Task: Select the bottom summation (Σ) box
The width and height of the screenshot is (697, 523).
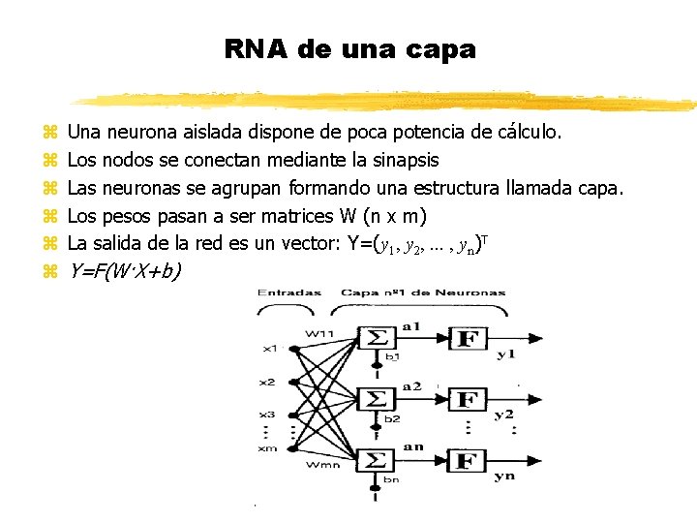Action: (376, 461)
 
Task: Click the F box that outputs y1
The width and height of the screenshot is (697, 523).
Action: (468, 339)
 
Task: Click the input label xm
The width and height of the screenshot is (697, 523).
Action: (267, 446)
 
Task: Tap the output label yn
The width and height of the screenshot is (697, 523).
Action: (504, 477)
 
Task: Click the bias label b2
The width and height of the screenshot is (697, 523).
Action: (391, 418)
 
